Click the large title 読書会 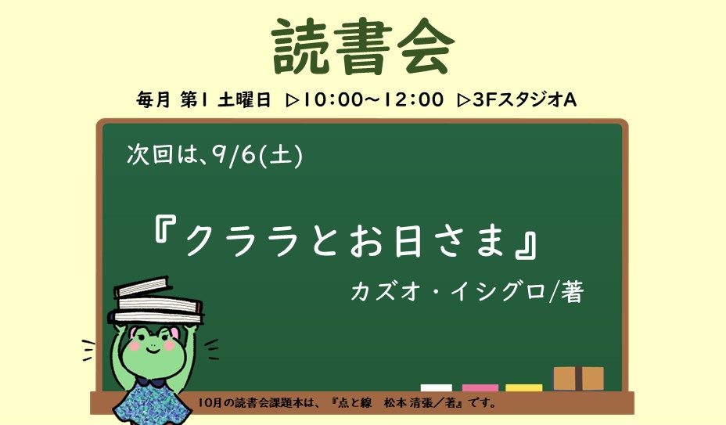click(363, 48)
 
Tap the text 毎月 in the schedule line click(153, 99)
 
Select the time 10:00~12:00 click(372, 99)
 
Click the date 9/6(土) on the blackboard click(257, 155)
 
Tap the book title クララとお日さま click(345, 240)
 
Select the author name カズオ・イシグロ click(448, 292)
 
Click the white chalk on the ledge click(437, 388)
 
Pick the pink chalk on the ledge click(480, 388)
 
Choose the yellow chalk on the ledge click(523, 388)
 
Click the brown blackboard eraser click(578, 379)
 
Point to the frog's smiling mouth click(153, 351)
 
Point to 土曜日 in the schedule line click(244, 99)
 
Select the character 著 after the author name click(572, 292)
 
